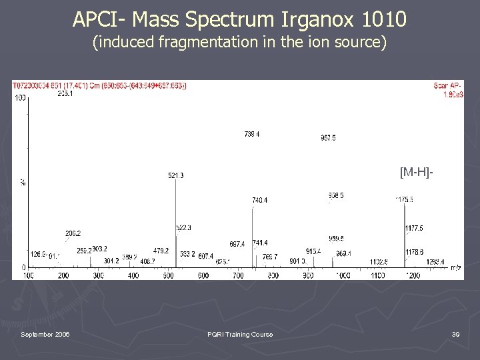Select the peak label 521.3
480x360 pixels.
pos(176,175)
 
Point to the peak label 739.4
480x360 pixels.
pos(252,134)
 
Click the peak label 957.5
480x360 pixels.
pos(328,138)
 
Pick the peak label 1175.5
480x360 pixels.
pos(404,199)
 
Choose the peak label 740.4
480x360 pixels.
pos(260,200)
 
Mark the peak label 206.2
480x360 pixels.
pos(73,233)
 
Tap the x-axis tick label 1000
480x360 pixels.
pos(343,275)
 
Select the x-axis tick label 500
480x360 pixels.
pos(168,275)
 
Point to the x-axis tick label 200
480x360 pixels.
pos(63,275)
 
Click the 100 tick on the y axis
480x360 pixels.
pos(20,98)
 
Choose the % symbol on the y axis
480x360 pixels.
pos(22,182)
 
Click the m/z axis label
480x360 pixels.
pos(456,267)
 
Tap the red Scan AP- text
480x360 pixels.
pos(449,86)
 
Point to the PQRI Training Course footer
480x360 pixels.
pos(240,334)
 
